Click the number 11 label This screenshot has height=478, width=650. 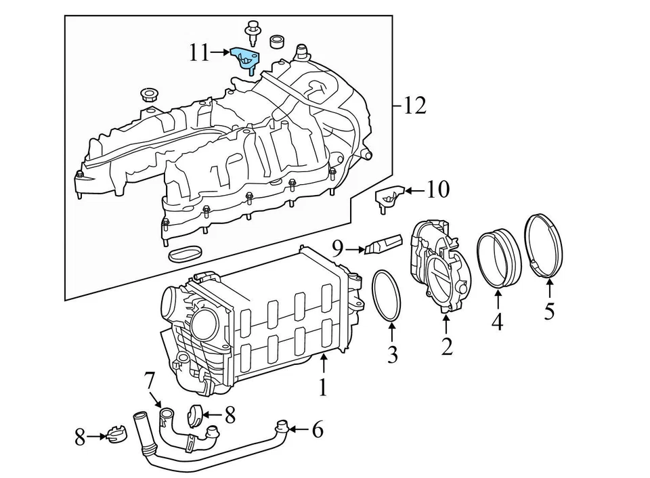[x=199, y=53]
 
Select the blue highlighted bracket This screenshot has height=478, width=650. [x=244, y=58]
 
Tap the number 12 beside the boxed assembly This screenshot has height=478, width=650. [x=414, y=106]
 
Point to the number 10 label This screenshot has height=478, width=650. [x=438, y=190]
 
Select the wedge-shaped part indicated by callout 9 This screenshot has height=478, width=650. [x=383, y=244]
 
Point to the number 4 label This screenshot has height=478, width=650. [x=498, y=322]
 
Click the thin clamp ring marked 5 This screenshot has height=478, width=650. [x=544, y=246]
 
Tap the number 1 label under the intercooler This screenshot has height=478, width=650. [x=323, y=387]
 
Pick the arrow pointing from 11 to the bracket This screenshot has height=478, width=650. [x=221, y=52]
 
